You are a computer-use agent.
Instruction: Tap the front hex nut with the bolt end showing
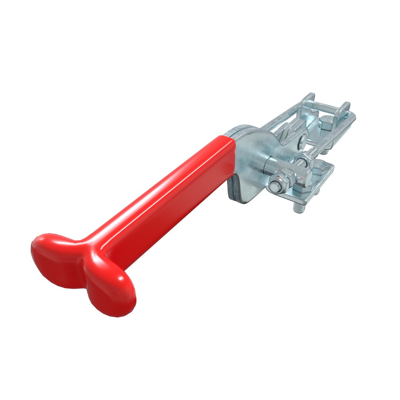[276, 185]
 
